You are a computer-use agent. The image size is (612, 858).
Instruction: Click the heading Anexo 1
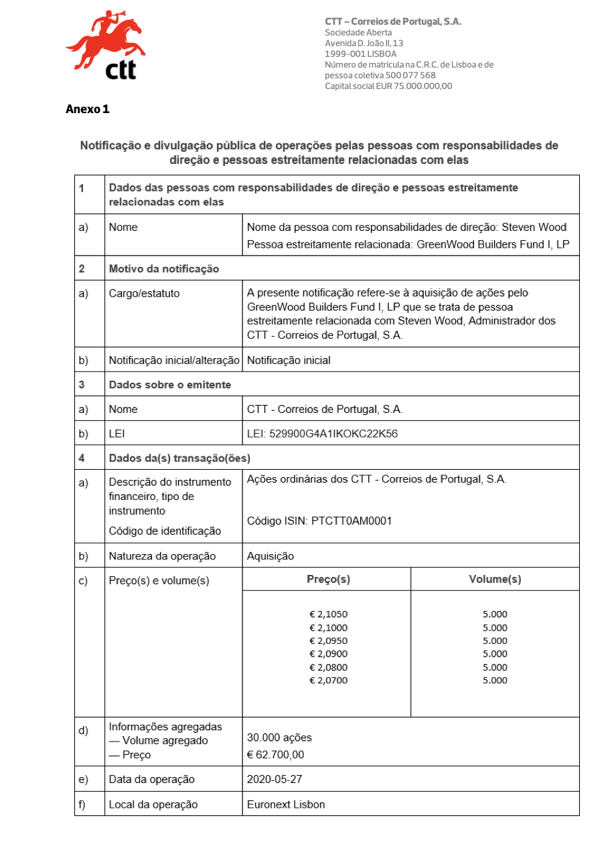(x=87, y=109)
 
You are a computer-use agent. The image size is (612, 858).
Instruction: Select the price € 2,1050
(x=328, y=614)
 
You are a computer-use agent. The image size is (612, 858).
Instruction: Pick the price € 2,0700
(x=328, y=681)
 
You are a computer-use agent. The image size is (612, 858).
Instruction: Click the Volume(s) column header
(x=495, y=579)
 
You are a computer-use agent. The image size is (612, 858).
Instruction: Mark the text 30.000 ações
(x=279, y=738)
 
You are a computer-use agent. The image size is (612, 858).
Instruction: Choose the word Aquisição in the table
(x=270, y=555)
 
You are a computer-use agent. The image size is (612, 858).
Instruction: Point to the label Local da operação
(x=153, y=804)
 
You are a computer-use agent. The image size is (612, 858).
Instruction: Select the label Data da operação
(x=152, y=779)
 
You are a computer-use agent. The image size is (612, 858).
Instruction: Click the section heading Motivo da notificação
(x=163, y=269)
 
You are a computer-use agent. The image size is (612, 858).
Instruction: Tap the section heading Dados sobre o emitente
(x=170, y=384)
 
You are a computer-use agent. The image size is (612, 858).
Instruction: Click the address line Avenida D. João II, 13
(x=364, y=44)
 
